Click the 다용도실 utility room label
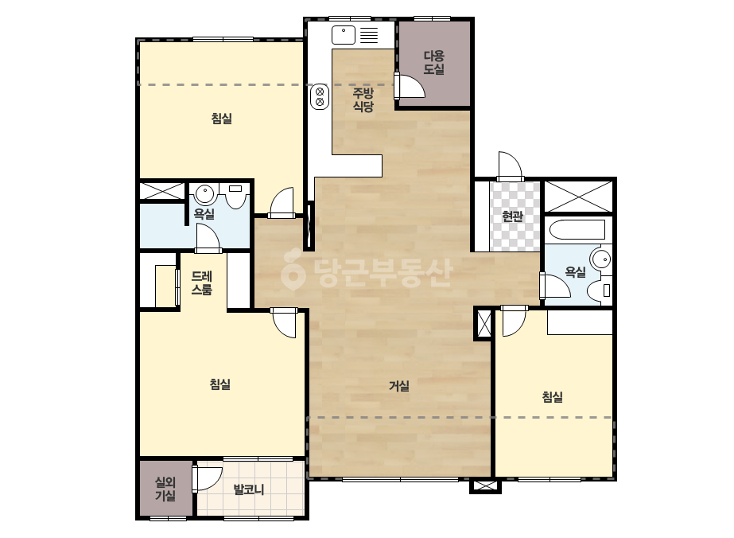tap(433, 63)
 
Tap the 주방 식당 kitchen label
tap(363, 99)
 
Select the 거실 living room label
tap(399, 386)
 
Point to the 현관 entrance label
tap(512, 216)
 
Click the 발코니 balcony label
tap(249, 489)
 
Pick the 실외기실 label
tap(165, 489)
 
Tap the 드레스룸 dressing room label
tap(202, 283)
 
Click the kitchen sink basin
tap(344, 35)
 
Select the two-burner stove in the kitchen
tap(320, 96)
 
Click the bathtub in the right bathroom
tap(577, 230)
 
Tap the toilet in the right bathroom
tap(600, 290)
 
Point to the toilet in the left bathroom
tap(236, 196)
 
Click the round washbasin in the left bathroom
tap(205, 193)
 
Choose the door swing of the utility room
tap(410, 86)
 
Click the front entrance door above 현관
tap(510, 166)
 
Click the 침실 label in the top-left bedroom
tap(221, 118)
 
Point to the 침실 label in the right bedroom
tap(553, 397)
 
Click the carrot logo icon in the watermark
tap(293, 270)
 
